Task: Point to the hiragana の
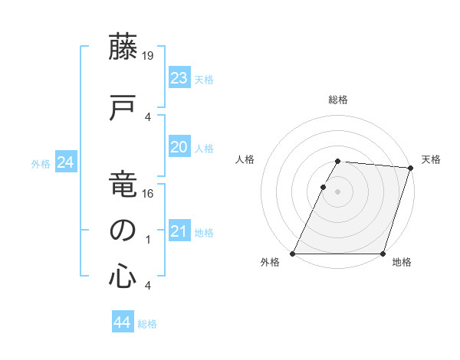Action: click(123, 230)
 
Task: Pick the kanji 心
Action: click(123, 276)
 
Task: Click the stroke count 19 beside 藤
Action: click(147, 56)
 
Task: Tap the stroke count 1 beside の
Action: click(147, 240)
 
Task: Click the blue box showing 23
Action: click(179, 78)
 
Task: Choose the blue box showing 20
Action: click(179, 147)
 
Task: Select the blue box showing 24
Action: click(65, 162)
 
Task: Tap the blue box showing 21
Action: click(179, 231)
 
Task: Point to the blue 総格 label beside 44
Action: click(147, 324)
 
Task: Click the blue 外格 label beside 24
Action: click(41, 164)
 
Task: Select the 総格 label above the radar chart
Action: click(338, 100)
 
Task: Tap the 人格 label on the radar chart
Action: click(245, 159)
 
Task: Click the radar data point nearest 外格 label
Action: click(293, 254)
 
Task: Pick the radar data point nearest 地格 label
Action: click(383, 254)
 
